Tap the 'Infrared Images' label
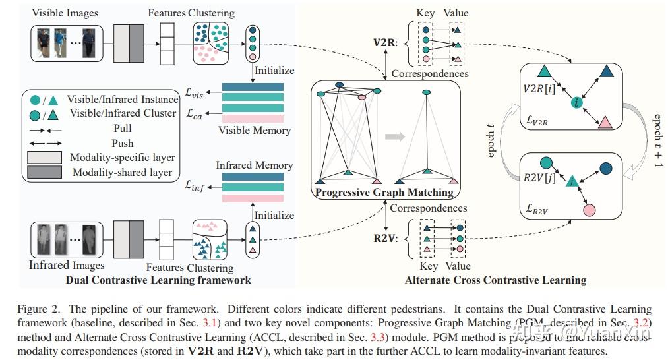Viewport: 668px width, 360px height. pos(67,265)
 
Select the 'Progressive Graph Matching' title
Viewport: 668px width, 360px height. pos(384,193)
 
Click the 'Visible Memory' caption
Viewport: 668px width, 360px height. pos(253,131)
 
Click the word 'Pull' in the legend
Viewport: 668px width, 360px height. pos(123,128)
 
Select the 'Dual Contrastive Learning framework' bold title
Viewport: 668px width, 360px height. pos(158,280)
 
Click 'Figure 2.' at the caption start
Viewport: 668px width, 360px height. pos(38,309)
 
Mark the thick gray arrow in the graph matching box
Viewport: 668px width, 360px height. pos(396,136)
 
